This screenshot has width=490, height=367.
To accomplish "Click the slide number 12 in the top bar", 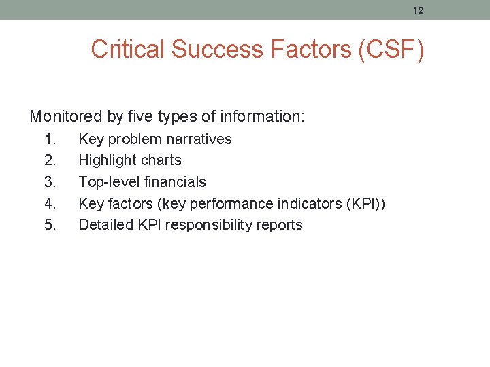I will [x=418, y=10].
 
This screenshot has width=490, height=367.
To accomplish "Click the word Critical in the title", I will [x=128, y=50].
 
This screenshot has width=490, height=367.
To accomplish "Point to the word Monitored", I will [x=66, y=117].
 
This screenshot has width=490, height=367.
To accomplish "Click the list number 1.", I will [x=50, y=139].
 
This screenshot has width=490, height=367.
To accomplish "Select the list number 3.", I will [x=50, y=182].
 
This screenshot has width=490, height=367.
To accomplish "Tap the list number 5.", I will [x=50, y=225].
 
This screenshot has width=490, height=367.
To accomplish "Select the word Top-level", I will [x=108, y=182].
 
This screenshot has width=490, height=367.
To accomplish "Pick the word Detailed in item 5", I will [x=103, y=225].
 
